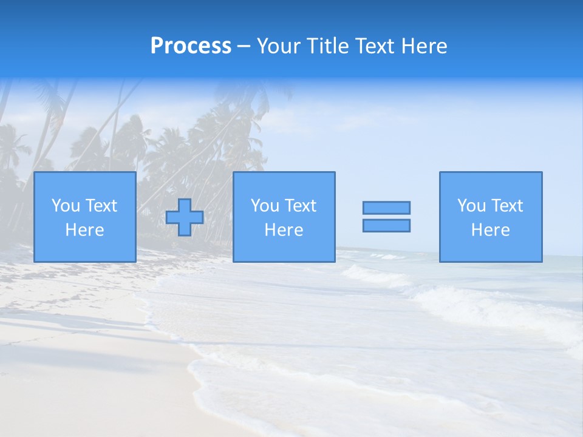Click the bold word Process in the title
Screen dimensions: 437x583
[191, 46]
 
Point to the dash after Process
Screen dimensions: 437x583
[244, 47]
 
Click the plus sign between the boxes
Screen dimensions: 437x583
[185, 217]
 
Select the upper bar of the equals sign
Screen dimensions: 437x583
[386, 208]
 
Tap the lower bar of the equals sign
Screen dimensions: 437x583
[386, 226]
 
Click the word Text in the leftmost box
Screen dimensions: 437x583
[100, 206]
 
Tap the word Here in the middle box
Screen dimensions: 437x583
[284, 230]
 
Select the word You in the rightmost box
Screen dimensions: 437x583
[471, 206]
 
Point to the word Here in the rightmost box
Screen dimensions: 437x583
[490, 230]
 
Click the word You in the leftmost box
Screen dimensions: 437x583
[66, 206]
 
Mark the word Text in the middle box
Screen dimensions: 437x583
[300, 206]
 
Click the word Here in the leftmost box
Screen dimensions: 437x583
[84, 230]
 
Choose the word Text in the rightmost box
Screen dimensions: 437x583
[506, 206]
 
